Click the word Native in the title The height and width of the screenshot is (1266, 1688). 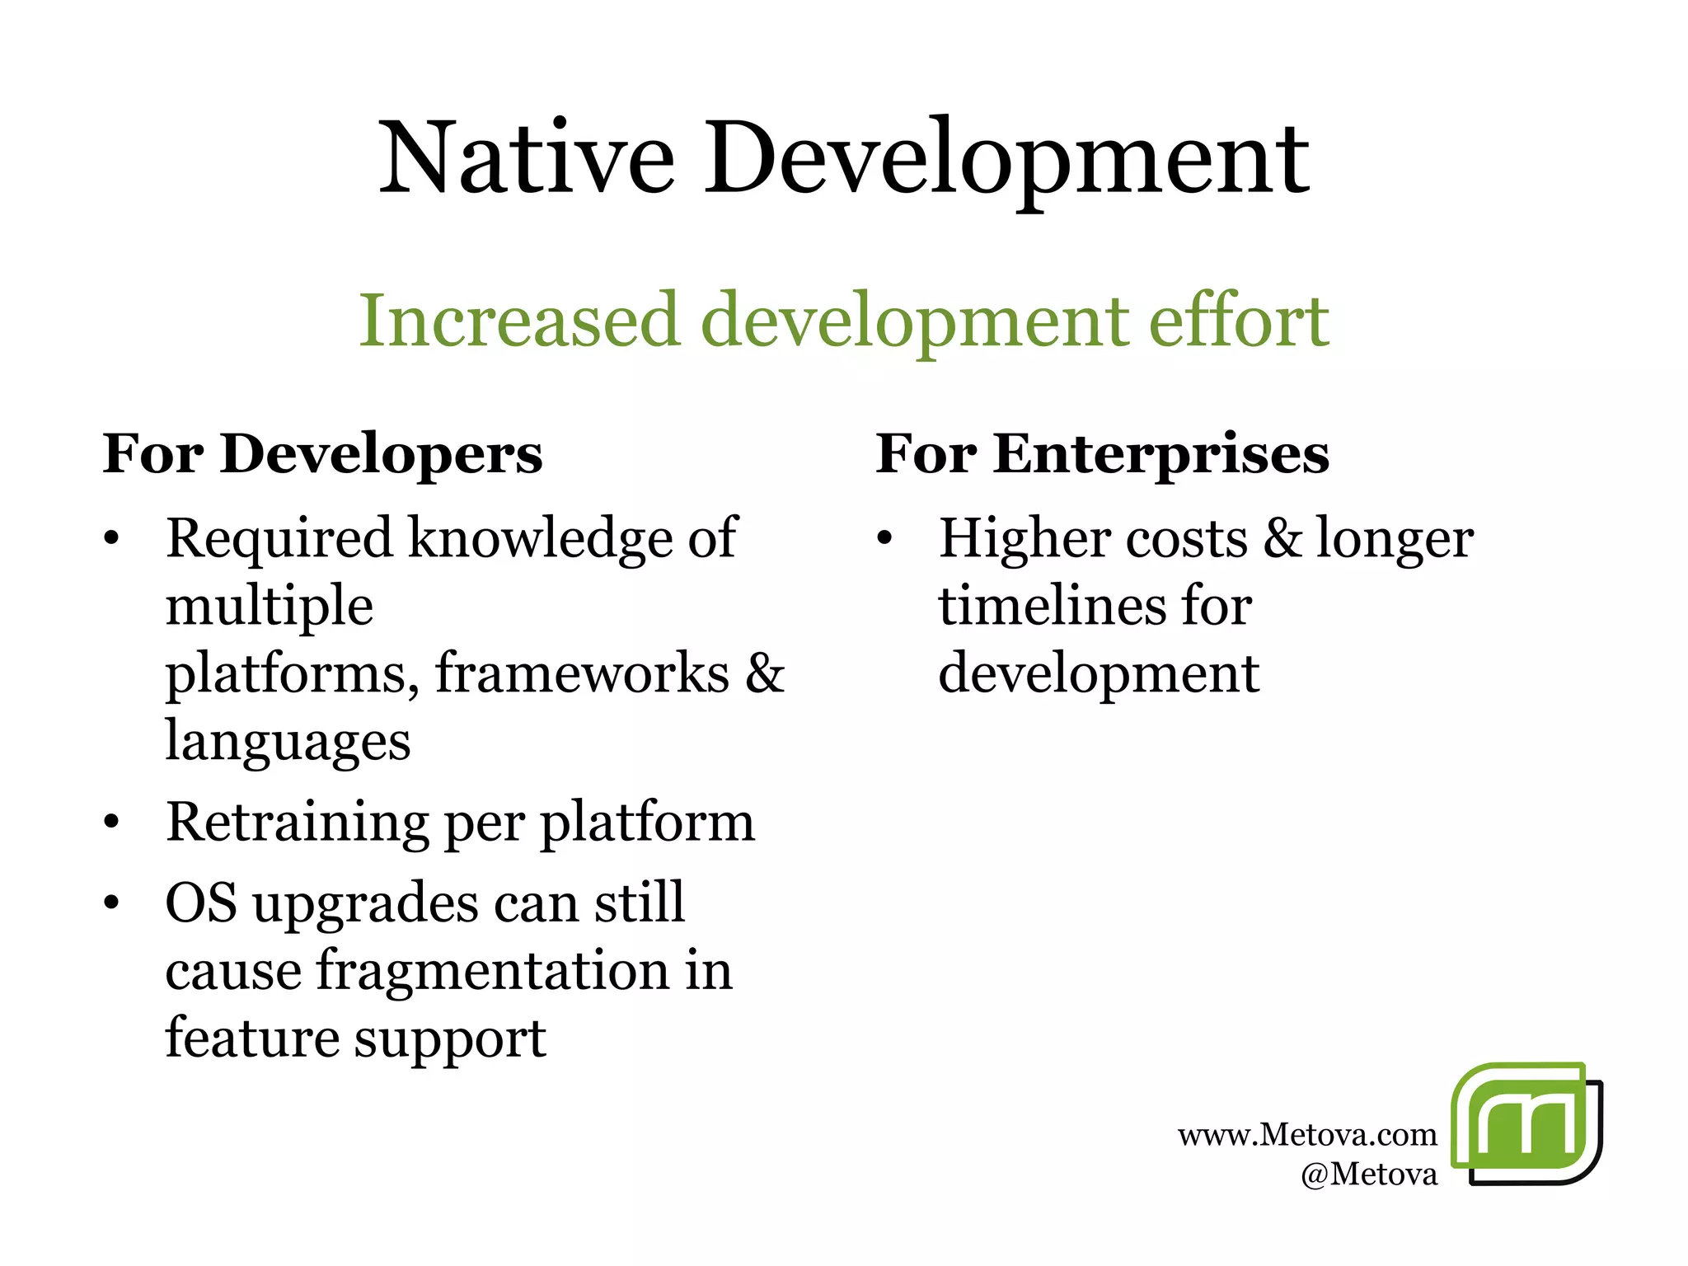coord(526,158)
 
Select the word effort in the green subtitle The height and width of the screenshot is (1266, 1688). coord(1239,320)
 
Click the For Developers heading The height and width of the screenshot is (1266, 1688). coord(322,454)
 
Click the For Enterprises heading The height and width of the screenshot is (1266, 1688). coord(1102,454)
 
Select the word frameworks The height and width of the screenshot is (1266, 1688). coord(582,673)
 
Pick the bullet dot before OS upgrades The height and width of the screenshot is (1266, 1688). coord(112,903)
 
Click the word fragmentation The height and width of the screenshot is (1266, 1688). coord(493,971)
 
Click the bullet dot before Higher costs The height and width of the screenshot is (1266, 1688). coord(884,539)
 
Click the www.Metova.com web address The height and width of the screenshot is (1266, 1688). coord(1307,1136)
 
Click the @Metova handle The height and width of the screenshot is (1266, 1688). coord(1368,1174)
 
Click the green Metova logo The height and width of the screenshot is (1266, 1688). coord(1526,1123)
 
